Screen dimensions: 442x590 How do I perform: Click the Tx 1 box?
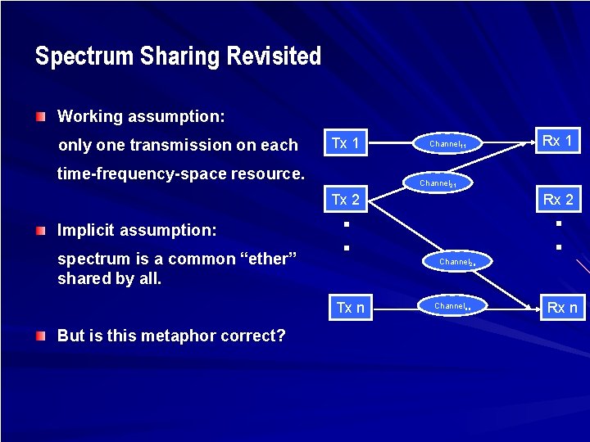pos(345,143)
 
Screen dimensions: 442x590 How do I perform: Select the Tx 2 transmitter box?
pos(345,200)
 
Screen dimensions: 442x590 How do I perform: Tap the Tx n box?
pos(350,307)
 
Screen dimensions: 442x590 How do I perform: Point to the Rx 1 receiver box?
pos(557,141)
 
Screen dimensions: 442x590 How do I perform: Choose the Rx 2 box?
pos(557,200)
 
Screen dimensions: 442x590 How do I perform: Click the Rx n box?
pos(562,308)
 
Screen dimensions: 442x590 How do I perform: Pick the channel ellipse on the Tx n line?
pos(450,306)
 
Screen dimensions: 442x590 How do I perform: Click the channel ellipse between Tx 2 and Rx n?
pos(455,262)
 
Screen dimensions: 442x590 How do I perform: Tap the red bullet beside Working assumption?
pos(41,117)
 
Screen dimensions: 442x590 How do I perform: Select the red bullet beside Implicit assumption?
pos(41,232)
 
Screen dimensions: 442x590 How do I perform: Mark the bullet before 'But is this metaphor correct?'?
pos(41,336)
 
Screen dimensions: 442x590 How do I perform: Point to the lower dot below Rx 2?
pos(557,246)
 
